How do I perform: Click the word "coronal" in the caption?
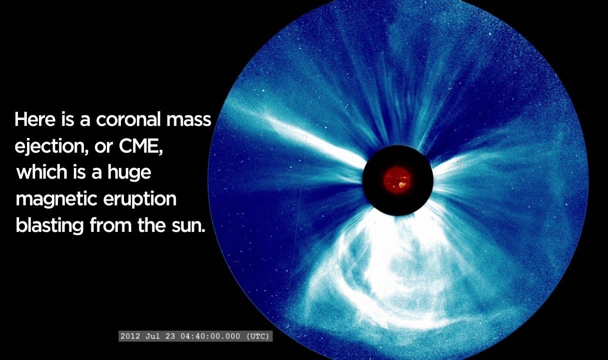pos(128,119)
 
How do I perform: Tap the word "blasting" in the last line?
pos(50,225)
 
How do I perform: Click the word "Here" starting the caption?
pos(35,119)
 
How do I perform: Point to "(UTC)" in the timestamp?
pos(258,336)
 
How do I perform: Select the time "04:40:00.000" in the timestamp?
pos(210,336)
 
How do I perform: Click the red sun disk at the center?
pos(397,180)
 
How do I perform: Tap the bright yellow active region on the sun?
pos(402,185)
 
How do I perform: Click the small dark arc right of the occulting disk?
pos(459,165)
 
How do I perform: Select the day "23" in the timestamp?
pos(170,336)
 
